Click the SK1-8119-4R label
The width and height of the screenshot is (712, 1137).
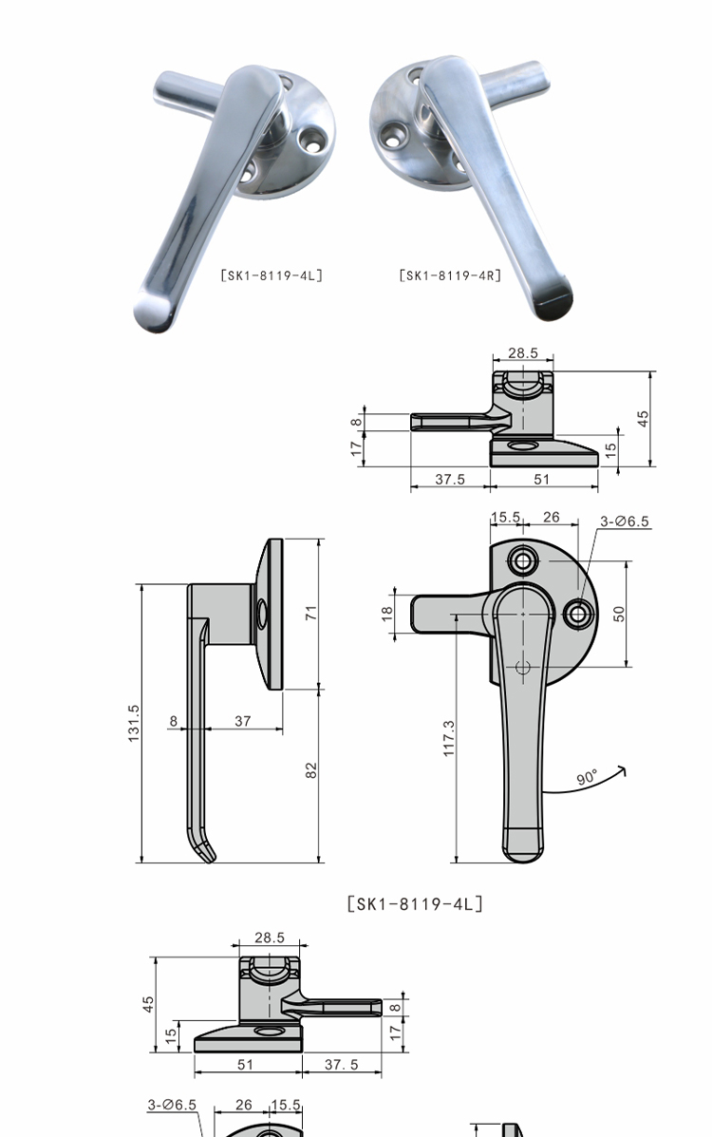(x=450, y=275)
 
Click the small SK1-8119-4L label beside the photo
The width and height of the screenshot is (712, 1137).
(x=272, y=275)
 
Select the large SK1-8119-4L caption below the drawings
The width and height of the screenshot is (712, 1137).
(x=415, y=903)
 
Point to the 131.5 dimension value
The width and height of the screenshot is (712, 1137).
(x=134, y=722)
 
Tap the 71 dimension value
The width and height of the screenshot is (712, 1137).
(x=311, y=613)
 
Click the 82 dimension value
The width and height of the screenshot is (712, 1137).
(x=311, y=770)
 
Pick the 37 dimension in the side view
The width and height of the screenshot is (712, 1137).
(x=243, y=721)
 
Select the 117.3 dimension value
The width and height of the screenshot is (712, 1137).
(x=449, y=739)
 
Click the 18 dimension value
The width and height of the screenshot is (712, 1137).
(x=386, y=613)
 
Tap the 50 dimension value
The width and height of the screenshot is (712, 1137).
(x=618, y=614)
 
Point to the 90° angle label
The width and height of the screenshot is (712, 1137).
(x=588, y=777)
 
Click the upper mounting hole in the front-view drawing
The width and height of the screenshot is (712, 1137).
(x=523, y=560)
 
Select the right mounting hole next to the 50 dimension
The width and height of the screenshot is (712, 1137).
(x=578, y=615)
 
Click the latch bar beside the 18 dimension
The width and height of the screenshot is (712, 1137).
(x=453, y=614)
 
